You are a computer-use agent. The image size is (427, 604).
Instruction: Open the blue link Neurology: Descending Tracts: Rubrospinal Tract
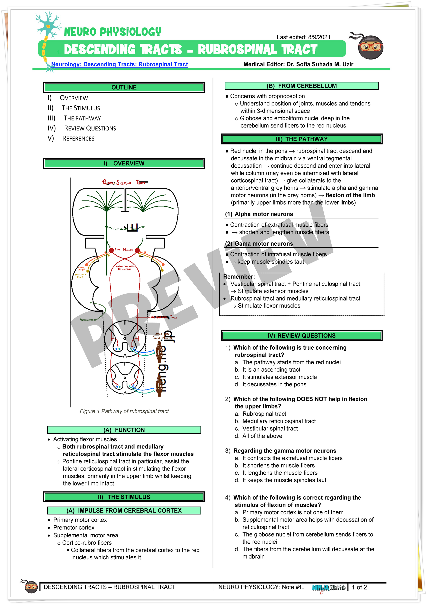point(119,64)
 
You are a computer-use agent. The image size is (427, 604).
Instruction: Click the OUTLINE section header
point(124,87)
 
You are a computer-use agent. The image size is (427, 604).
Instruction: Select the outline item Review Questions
point(90,128)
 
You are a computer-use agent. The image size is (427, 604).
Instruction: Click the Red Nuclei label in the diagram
point(124,250)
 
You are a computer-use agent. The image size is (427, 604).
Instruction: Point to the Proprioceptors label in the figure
point(88,320)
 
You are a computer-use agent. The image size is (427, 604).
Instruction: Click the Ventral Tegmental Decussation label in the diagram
point(125,268)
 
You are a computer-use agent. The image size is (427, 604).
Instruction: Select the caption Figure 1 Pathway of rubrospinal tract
point(124,411)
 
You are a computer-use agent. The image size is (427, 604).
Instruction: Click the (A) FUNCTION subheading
point(124,430)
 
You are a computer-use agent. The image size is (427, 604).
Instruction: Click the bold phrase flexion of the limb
point(350,195)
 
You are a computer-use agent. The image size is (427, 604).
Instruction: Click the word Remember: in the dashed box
point(239,277)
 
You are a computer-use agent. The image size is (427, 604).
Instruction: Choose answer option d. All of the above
point(262,436)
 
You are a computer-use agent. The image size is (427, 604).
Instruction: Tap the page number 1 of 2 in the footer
point(359,587)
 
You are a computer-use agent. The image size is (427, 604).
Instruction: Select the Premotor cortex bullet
point(74,528)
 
